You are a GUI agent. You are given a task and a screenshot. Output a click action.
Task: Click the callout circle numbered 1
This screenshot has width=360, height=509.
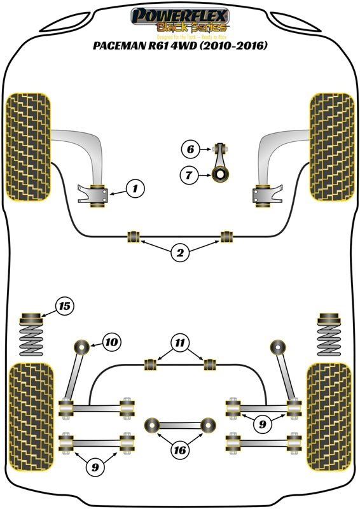click(134, 188)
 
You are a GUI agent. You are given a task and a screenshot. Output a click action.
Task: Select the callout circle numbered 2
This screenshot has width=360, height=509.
click(180, 253)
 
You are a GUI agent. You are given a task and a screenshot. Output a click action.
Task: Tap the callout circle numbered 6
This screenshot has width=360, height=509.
click(190, 150)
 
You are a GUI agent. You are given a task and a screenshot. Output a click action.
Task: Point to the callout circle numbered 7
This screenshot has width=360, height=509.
click(190, 174)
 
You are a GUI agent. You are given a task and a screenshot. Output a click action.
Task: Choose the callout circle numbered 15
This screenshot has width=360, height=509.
click(64, 307)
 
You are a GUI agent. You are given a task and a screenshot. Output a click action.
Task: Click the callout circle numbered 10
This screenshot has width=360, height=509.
click(111, 342)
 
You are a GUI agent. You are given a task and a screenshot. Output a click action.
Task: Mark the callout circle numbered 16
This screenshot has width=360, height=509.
click(180, 450)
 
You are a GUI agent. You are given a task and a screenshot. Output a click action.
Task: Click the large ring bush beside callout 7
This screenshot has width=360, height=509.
click(220, 172)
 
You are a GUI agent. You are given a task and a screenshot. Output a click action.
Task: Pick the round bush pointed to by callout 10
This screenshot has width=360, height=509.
click(81, 347)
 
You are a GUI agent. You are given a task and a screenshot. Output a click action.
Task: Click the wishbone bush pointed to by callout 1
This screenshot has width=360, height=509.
click(99, 194)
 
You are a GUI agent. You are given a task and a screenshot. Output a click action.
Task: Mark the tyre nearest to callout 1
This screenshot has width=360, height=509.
click(27, 146)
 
